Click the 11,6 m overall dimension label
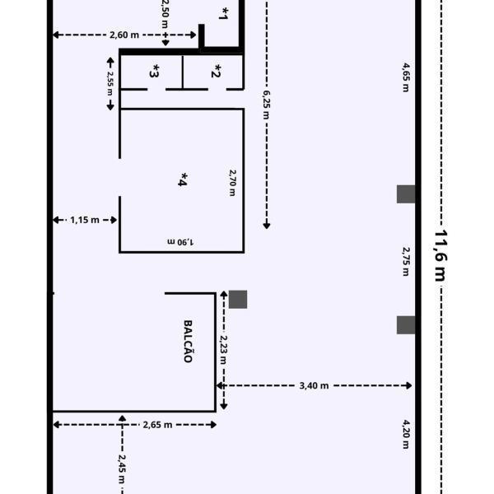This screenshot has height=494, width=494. point(440,255)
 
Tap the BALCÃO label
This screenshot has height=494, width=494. point(188,342)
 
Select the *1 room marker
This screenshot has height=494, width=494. point(223,13)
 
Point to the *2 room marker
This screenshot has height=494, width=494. point(216,71)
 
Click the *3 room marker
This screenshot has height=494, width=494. point(154,71)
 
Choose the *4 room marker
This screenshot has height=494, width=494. point(183,179)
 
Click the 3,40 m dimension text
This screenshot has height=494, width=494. point(314,385)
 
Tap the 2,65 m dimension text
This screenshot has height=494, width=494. point(157,425)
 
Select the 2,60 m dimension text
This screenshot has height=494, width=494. point(124,35)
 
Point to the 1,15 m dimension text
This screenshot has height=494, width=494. point(85,220)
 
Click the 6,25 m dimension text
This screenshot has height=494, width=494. point(267,105)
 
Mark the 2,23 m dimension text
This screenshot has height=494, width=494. point(223,350)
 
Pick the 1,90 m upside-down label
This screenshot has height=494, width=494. point(180,242)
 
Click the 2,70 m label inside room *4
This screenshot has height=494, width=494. point(232,183)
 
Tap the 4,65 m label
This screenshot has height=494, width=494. point(407,77)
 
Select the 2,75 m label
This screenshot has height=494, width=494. point(407,262)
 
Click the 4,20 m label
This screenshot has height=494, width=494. point(407,434)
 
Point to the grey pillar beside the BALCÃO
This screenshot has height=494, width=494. point(238,300)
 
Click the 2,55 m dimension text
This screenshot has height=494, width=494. point(110,83)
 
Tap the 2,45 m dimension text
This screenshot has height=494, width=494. point(122,468)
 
